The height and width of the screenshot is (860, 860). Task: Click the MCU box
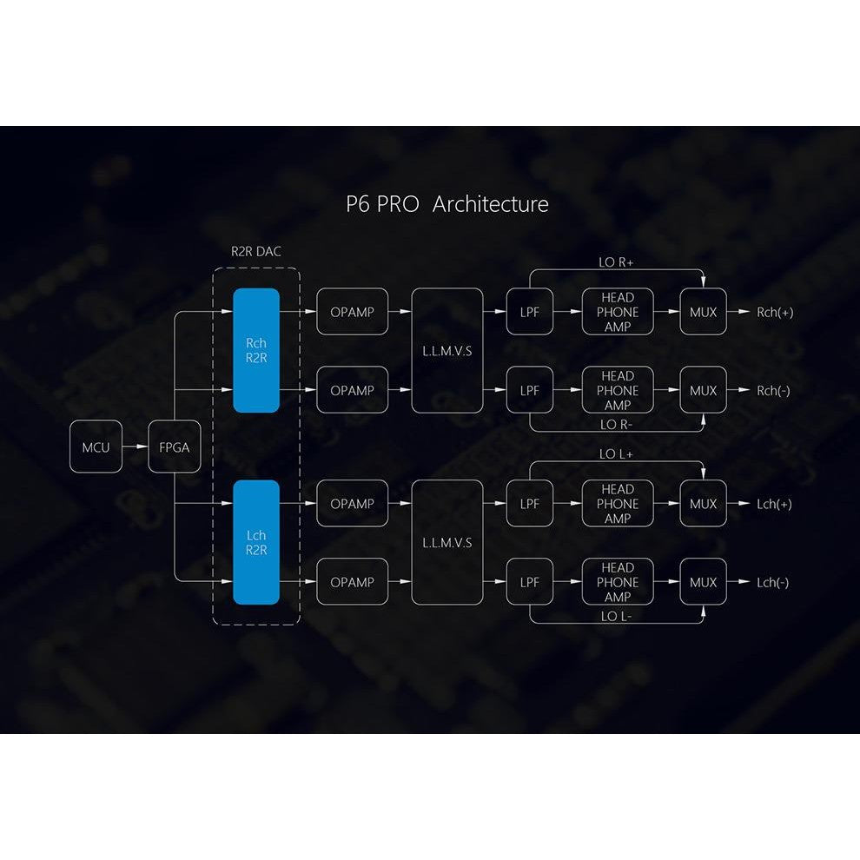(x=96, y=447)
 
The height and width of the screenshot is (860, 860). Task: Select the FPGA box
(x=175, y=447)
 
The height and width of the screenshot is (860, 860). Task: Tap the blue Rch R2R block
(x=256, y=350)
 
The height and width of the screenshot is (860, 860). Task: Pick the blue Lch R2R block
(x=256, y=542)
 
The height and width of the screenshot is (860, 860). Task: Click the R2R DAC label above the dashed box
(x=256, y=252)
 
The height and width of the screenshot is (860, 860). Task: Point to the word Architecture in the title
(x=490, y=204)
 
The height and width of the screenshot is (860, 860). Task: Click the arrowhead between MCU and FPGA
(x=142, y=447)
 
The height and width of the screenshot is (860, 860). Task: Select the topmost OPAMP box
(x=352, y=312)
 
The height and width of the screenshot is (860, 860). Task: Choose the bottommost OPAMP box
(x=352, y=582)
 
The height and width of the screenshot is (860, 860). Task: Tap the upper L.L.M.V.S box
(x=447, y=350)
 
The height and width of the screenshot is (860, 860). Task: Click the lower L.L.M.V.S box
(x=447, y=542)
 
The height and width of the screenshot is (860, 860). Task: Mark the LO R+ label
(x=616, y=262)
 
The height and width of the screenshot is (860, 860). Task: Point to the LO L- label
(x=616, y=617)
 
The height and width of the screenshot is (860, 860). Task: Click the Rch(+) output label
(x=775, y=312)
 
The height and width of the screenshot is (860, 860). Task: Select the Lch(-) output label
(x=773, y=583)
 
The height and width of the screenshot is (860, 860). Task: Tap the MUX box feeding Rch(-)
(x=703, y=390)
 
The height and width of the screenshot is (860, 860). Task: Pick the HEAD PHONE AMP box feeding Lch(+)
(x=618, y=504)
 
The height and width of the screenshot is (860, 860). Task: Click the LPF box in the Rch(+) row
(x=530, y=312)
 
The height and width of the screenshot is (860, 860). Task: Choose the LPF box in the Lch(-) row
(x=530, y=582)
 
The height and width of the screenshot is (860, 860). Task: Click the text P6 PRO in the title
(x=382, y=204)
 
